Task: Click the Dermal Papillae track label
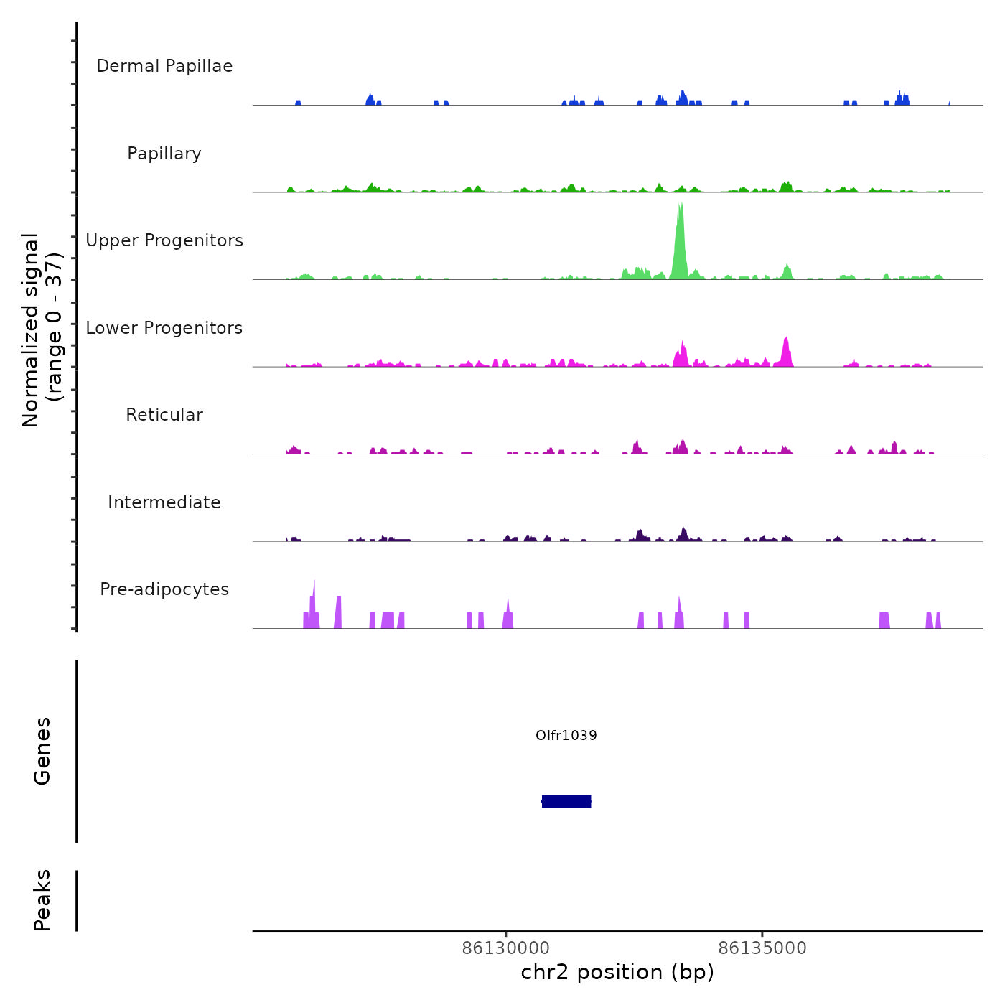[164, 66]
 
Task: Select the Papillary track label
[164, 154]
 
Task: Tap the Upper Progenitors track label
[164, 240]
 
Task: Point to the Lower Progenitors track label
[164, 328]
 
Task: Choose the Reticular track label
[164, 415]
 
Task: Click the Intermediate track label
[164, 502]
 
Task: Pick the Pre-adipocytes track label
[164, 589]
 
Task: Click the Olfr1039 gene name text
[566, 735]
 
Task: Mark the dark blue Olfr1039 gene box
[566, 801]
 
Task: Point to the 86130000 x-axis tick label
[506, 948]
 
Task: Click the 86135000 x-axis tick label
[762, 948]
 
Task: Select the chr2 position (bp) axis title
[617, 972]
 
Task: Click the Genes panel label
[42, 751]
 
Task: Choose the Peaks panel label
[42, 900]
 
